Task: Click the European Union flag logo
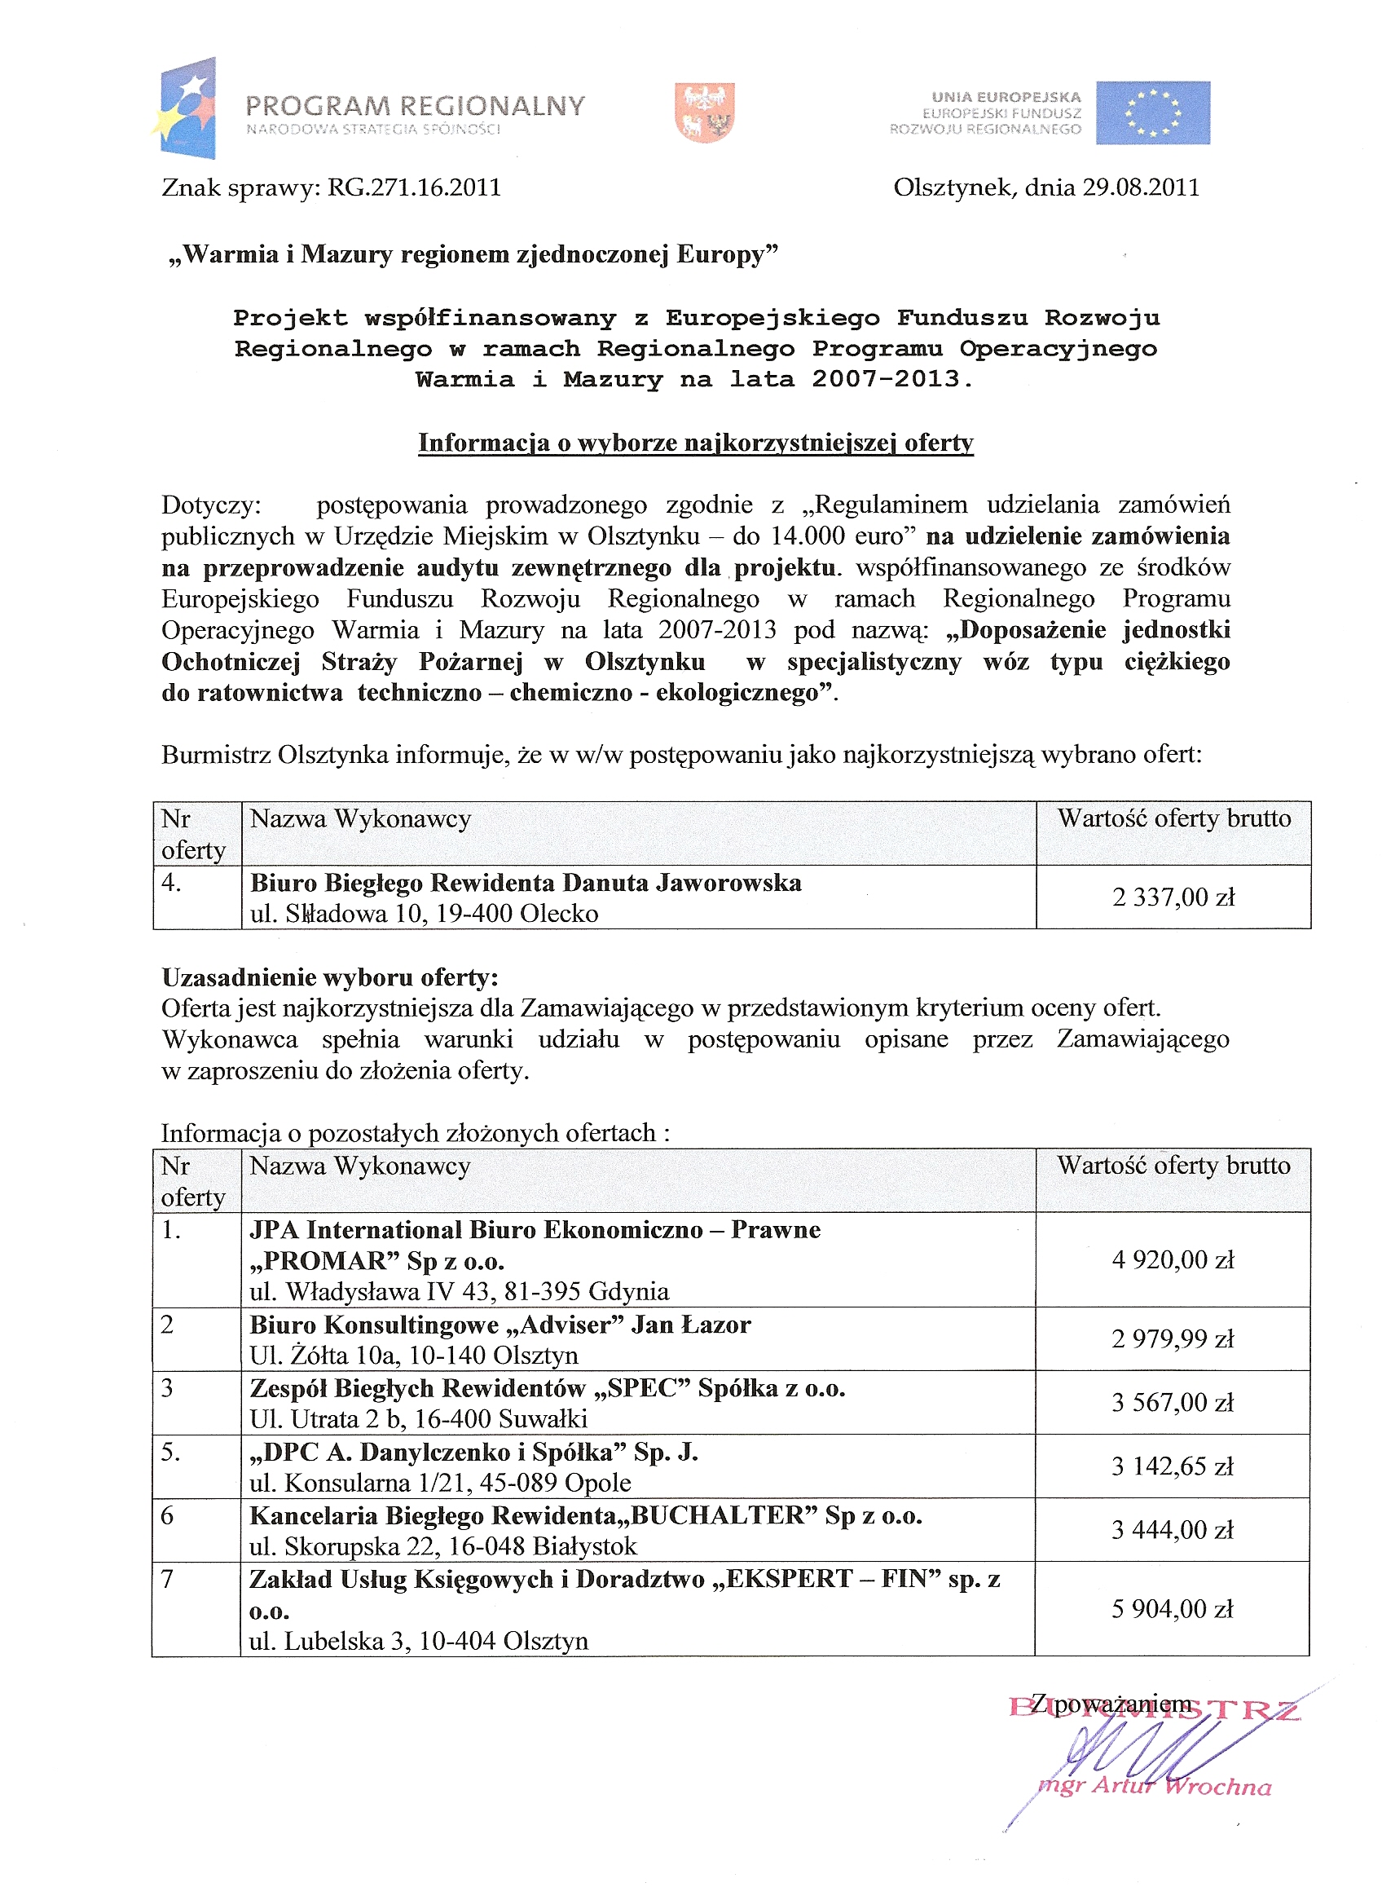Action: click(1152, 113)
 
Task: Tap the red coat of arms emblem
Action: click(704, 112)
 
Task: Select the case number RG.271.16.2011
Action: click(414, 187)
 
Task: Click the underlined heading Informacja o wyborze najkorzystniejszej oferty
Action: click(695, 443)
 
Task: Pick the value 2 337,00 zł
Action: click(1173, 897)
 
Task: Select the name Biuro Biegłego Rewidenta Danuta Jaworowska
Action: click(526, 883)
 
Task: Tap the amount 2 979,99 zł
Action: click(1173, 1338)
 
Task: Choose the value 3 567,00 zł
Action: click(1173, 1402)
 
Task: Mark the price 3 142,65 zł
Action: click(1173, 1466)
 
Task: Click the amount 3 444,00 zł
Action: click(1173, 1529)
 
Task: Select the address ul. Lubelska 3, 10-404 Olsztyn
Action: click(418, 1641)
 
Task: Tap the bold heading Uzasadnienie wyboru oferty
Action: click(329, 977)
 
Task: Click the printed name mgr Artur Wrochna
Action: click(1155, 1787)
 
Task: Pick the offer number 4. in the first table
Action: click(171, 883)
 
